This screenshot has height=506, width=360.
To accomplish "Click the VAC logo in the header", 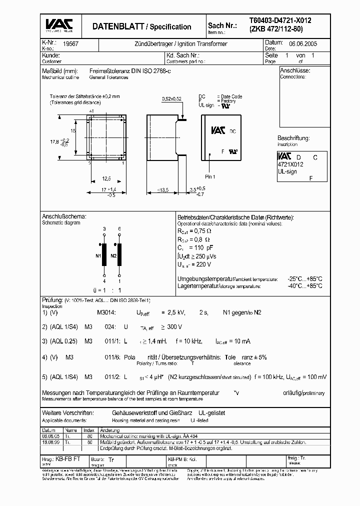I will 59,25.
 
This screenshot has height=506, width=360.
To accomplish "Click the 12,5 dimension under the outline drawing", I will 107,178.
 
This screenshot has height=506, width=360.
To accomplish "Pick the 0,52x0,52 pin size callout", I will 171,99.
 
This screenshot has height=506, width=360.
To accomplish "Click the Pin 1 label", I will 210,176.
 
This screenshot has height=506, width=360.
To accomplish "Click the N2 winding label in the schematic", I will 113,254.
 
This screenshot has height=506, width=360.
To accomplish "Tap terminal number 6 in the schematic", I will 119,228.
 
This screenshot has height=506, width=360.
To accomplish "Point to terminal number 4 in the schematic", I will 104,281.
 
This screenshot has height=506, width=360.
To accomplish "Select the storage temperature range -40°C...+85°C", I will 305,286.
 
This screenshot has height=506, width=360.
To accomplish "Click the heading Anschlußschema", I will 63,216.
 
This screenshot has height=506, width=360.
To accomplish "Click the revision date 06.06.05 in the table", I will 48,435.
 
